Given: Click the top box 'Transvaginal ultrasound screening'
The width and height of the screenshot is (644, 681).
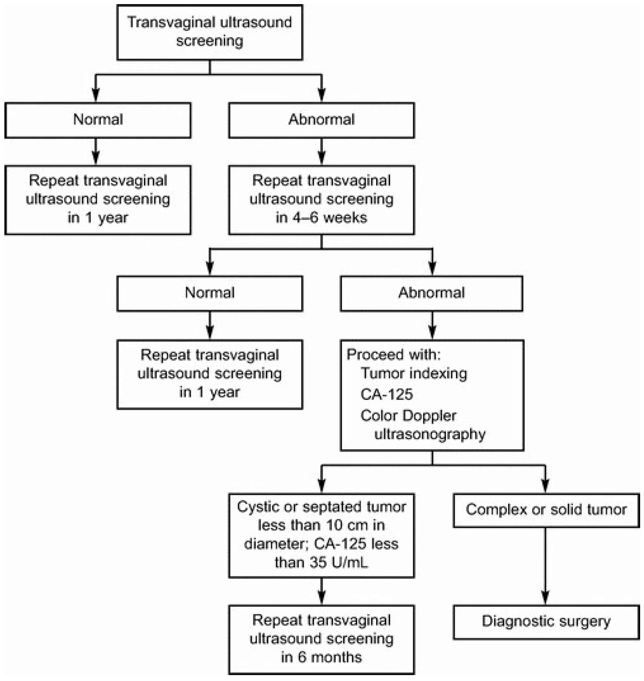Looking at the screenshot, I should coord(209,32).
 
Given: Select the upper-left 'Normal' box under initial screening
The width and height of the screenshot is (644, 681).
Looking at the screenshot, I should coord(98,120).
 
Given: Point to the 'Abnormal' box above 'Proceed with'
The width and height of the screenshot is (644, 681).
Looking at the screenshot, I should coord(431,293).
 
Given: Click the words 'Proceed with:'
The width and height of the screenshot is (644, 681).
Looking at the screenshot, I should coord(393,354).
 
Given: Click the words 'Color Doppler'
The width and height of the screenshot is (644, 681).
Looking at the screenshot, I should coord(408,415).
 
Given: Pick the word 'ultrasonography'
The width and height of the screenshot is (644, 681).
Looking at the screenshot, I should coord(430,434).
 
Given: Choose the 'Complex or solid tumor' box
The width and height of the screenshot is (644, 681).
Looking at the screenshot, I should coord(546,510).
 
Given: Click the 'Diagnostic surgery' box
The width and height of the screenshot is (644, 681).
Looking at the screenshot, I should coord(546,621).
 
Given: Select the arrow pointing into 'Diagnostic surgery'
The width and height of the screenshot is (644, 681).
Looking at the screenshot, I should coord(545,597).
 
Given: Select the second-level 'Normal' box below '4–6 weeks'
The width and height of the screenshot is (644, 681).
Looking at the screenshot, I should coord(209,293).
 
